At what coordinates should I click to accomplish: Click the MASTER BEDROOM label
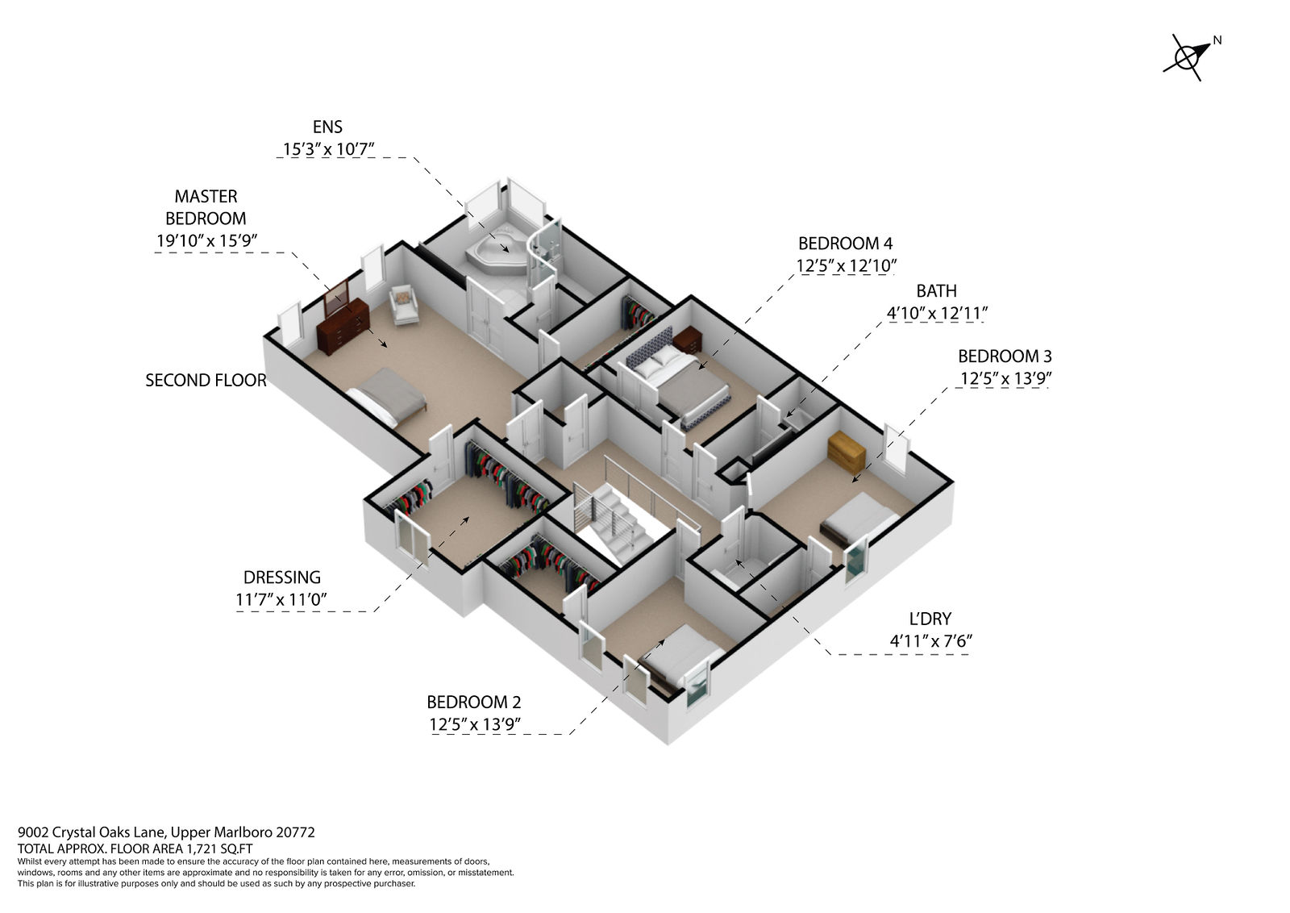(x=206, y=207)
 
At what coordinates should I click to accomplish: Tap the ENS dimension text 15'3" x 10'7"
(x=328, y=149)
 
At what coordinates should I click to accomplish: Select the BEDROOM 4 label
(x=845, y=244)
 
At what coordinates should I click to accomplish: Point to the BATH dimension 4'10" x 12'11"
(x=936, y=314)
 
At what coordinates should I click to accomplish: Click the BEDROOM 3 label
(x=1005, y=356)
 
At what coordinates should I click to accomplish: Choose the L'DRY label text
(x=930, y=619)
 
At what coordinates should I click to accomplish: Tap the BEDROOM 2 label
(x=473, y=702)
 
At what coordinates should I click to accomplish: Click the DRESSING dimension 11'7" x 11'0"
(x=281, y=599)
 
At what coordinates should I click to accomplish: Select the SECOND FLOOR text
(x=206, y=380)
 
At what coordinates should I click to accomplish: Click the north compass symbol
(x=1188, y=57)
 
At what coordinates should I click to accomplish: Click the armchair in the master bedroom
(x=404, y=305)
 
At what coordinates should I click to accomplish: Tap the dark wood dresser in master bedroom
(x=343, y=326)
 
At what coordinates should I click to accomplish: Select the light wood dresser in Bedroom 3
(x=847, y=452)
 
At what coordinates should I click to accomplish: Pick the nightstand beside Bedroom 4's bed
(x=687, y=340)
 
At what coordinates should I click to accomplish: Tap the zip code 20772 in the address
(x=295, y=832)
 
